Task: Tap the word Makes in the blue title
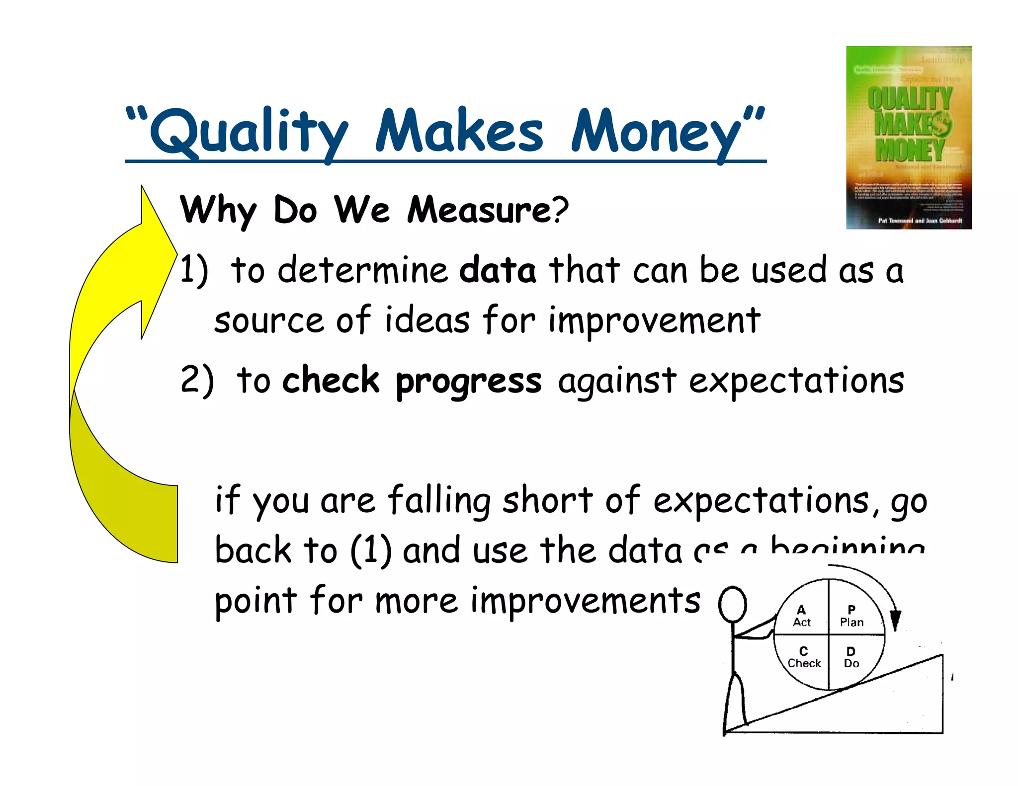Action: click(459, 130)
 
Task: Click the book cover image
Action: click(909, 138)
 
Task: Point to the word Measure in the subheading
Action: click(480, 210)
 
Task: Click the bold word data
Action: click(498, 270)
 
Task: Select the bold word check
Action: click(331, 380)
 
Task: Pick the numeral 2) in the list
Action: click(197, 380)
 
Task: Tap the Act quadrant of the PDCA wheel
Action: click(801, 616)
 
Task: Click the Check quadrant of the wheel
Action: click(804, 657)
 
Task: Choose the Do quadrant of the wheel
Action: click(851, 657)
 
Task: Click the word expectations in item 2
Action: click(796, 381)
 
